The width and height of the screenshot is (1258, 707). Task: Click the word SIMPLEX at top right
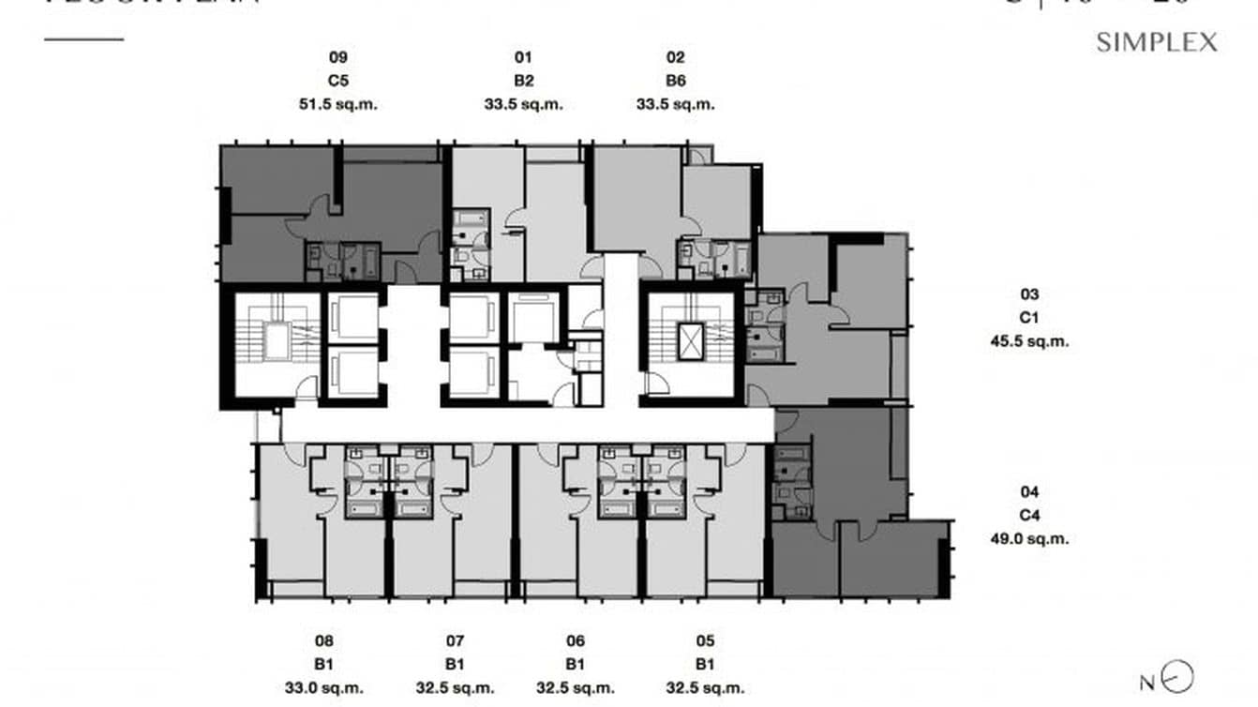coord(1157,42)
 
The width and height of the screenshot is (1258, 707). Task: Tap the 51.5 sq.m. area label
coord(337,104)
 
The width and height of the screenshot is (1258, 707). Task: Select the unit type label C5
coord(337,81)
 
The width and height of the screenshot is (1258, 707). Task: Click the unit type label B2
coord(523,81)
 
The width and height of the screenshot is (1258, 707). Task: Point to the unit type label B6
coord(675,81)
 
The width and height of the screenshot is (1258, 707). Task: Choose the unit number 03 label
coord(1029,294)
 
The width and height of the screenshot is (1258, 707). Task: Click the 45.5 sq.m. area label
coord(1029,341)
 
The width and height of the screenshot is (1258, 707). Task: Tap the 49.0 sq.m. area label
coord(1029,538)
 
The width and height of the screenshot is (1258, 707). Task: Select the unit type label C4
coord(1029,515)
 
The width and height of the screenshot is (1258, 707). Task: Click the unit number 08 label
coord(324,641)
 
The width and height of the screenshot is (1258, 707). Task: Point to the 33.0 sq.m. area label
coord(324,687)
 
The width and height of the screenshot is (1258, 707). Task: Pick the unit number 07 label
coord(455,641)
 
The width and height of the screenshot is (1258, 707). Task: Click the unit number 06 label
coord(576,641)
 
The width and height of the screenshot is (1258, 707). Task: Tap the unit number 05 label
coord(705,641)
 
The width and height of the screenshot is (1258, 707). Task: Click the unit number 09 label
coord(337,57)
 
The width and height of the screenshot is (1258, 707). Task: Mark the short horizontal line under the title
coord(83,39)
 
